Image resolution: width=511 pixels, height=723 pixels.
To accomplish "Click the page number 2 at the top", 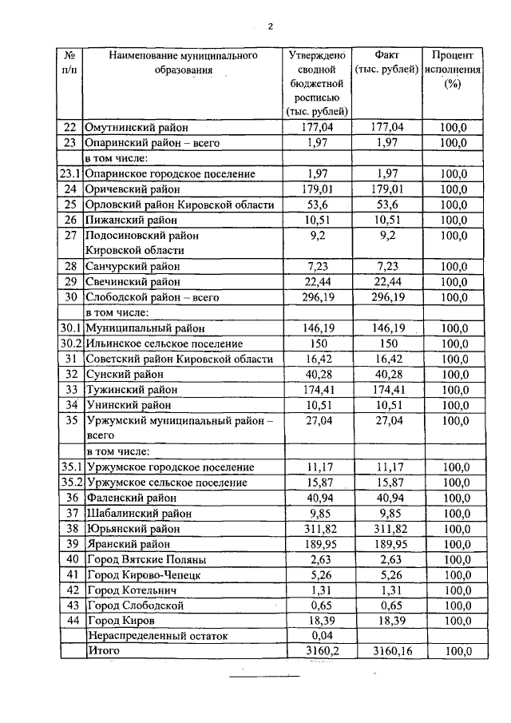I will click(270, 26).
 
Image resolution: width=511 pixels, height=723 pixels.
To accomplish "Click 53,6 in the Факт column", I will click(386, 205).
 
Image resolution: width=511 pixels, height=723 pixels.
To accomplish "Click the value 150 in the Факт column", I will click(386, 344).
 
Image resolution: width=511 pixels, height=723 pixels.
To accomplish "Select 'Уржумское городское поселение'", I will click(170, 467).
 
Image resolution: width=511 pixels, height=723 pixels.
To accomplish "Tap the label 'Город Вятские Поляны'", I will click(146, 559).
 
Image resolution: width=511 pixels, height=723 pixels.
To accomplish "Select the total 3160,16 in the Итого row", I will click(386, 652).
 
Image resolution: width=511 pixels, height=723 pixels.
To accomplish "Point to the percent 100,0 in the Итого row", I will click(453, 652).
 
